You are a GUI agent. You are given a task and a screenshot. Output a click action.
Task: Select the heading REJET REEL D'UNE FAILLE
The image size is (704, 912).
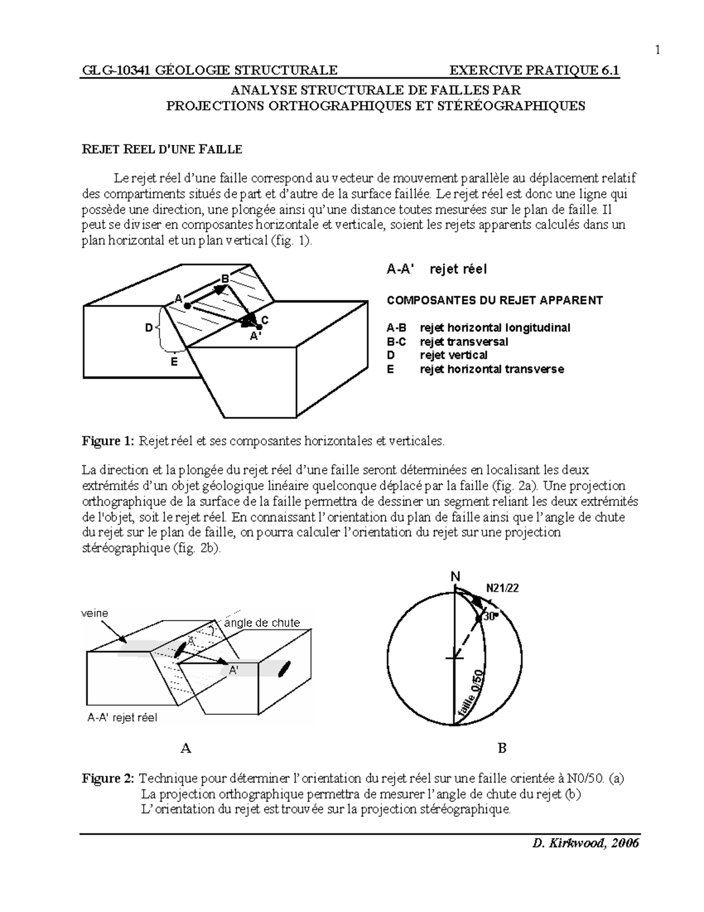click(161, 149)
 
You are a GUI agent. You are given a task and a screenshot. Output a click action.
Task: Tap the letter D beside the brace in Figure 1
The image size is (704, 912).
click(149, 327)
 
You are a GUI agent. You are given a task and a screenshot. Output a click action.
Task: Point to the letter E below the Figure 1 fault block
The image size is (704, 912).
click(174, 362)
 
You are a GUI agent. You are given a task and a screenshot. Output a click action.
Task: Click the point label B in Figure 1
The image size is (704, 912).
click(225, 278)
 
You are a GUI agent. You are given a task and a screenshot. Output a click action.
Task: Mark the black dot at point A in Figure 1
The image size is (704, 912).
click(187, 306)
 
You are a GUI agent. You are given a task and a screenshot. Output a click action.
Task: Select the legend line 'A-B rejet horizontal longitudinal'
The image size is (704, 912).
click(478, 328)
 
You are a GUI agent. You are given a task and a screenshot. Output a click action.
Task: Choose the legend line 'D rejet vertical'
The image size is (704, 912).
click(437, 355)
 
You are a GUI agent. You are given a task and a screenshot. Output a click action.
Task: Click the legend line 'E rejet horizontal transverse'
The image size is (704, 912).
click(475, 369)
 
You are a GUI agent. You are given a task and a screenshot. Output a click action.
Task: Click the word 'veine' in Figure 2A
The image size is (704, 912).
click(94, 613)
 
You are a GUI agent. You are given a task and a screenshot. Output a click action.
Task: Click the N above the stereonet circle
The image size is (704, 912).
click(455, 577)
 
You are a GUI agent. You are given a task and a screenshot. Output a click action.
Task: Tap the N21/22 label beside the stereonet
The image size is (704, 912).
click(502, 589)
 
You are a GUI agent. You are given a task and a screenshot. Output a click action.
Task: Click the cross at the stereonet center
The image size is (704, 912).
click(455, 658)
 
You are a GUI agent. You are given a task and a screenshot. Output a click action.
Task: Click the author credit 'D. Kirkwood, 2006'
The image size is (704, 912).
click(585, 843)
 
